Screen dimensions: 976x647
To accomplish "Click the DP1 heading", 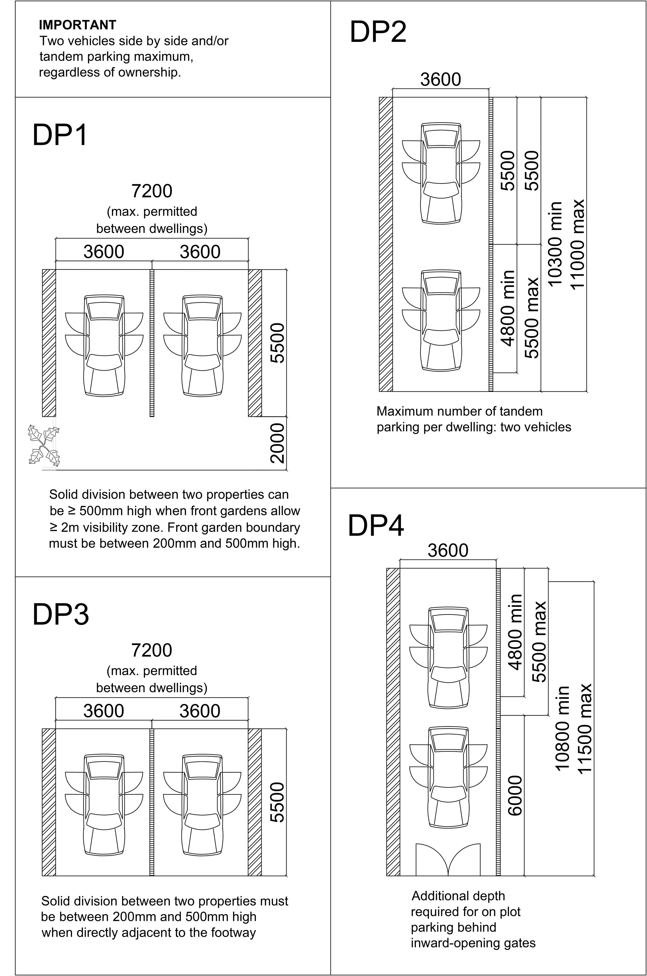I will pyautogui.click(x=60, y=135).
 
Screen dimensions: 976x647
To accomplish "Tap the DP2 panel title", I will pyautogui.click(x=378, y=32).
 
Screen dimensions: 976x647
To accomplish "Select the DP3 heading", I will pyautogui.click(x=61, y=614).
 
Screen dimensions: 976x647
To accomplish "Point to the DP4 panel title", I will pyautogui.click(x=376, y=526).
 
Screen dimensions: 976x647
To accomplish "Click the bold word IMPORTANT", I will pyautogui.click(x=78, y=25).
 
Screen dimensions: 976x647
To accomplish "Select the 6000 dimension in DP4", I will pyautogui.click(x=515, y=796).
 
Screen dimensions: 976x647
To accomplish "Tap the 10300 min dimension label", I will pyautogui.click(x=555, y=244).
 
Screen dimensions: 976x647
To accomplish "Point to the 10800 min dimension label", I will pyautogui.click(x=562, y=728).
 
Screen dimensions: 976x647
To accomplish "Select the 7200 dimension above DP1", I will pyautogui.click(x=151, y=191).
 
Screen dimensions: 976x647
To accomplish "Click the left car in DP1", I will pyautogui.click(x=104, y=346).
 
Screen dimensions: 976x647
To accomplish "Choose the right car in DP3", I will pyautogui.click(x=202, y=805).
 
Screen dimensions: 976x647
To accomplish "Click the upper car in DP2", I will pyautogui.click(x=441, y=173).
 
